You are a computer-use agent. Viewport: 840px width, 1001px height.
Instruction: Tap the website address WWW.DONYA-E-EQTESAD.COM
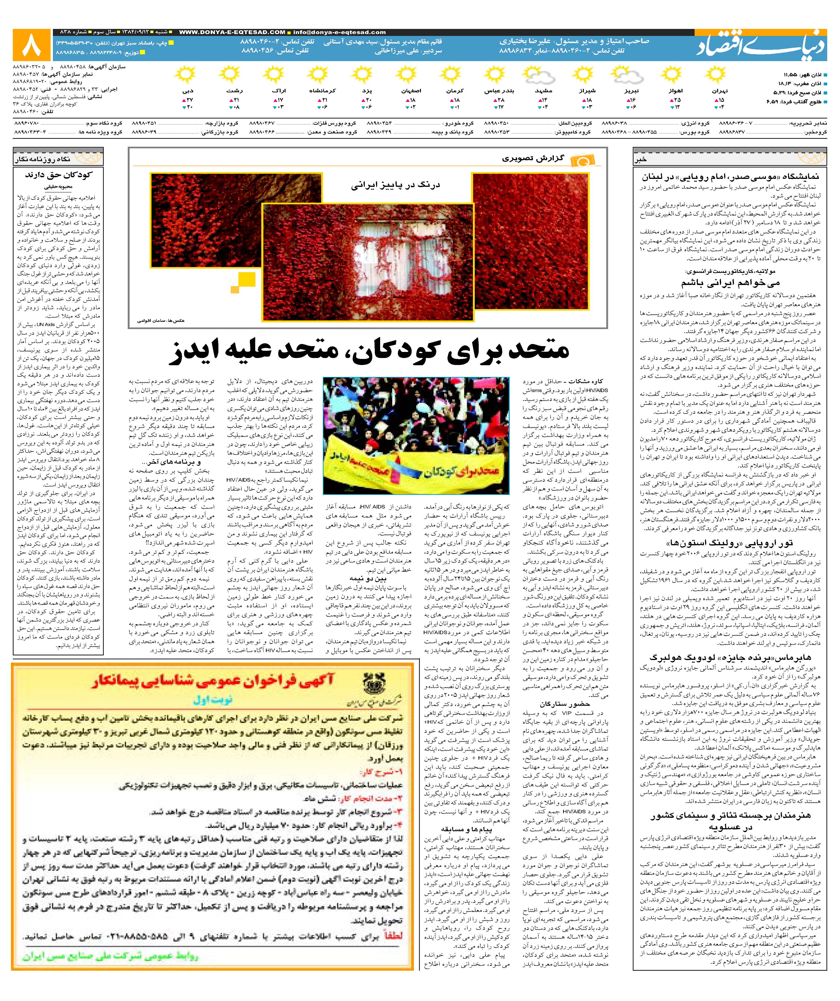pyautogui.click(x=232, y=32)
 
